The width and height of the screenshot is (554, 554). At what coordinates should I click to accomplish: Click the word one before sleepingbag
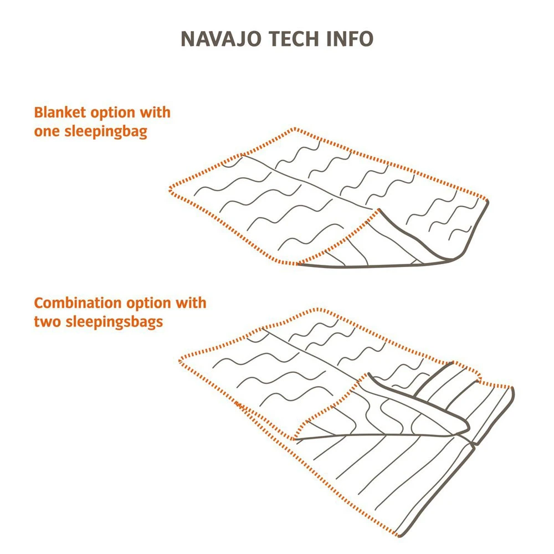click(x=46, y=132)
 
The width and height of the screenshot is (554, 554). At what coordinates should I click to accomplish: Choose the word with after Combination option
click(x=191, y=303)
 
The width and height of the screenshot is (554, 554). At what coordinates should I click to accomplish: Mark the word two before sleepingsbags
click(x=47, y=322)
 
